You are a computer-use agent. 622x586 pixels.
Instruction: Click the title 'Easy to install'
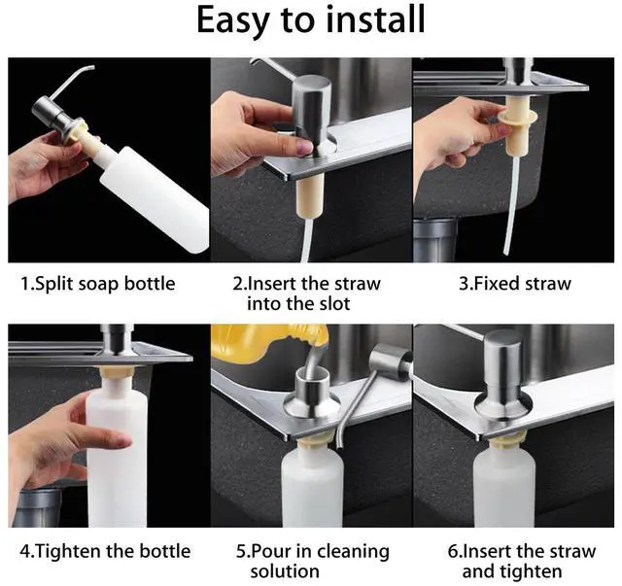coord(311,20)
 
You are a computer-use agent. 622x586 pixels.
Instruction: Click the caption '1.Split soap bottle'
coord(97,284)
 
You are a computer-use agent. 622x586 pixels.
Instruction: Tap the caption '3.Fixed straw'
coord(515,284)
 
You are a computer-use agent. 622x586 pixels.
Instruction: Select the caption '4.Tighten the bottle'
coord(105,551)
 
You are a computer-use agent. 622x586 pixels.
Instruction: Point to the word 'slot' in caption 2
coord(334,304)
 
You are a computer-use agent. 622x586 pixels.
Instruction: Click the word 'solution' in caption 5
coord(285,571)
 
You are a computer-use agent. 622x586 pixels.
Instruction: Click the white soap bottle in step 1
coord(155,197)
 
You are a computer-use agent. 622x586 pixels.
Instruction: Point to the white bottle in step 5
coord(313,485)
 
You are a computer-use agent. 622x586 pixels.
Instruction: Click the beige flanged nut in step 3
coord(518,125)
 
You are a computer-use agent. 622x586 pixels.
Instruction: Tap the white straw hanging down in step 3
coord(511,205)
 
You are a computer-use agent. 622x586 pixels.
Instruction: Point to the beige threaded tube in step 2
coord(310,196)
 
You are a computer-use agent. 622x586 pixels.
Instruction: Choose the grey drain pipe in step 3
coord(435,240)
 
